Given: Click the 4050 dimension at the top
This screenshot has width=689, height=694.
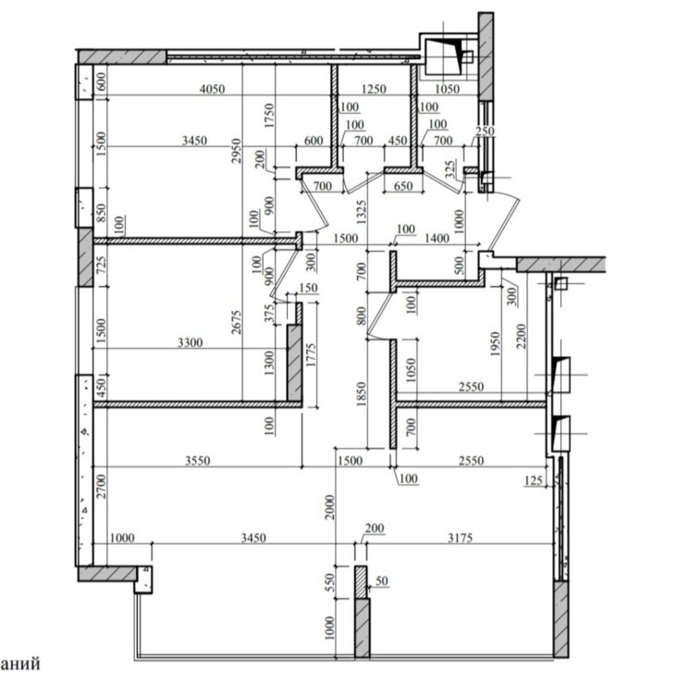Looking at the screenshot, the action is [x=213, y=89].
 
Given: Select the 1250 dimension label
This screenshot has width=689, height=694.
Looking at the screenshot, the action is [x=374, y=89].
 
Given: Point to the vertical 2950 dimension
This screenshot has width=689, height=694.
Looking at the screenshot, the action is [x=236, y=151].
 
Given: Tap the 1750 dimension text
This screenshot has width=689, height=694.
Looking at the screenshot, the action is [x=269, y=116].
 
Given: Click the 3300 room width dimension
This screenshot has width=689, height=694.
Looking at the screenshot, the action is [x=191, y=342].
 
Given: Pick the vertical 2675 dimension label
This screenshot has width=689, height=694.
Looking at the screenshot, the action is [x=236, y=322].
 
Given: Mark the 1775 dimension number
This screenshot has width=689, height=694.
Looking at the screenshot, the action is [x=311, y=355].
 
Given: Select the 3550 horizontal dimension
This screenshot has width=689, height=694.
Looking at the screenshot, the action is [x=197, y=461].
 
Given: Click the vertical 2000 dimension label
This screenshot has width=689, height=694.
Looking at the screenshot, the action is [x=329, y=507].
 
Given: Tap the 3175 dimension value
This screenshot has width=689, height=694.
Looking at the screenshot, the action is [x=461, y=538].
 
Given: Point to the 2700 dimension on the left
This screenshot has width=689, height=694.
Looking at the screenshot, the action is [x=102, y=487].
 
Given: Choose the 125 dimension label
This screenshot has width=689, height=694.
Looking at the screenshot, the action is [x=534, y=480].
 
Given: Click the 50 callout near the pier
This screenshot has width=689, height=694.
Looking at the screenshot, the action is [x=382, y=581].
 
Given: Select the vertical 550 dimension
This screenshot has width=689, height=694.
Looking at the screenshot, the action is [x=329, y=583].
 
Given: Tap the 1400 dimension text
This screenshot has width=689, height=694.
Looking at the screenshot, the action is [x=437, y=238].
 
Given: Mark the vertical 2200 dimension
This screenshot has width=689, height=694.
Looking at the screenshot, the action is [x=522, y=337].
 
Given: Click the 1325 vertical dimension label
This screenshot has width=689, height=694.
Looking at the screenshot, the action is [x=362, y=212].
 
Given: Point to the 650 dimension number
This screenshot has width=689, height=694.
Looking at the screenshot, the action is [x=403, y=185].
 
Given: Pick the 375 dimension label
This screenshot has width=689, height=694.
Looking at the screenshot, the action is [x=269, y=313].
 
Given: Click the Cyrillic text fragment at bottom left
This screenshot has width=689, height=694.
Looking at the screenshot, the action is [x=20, y=663].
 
